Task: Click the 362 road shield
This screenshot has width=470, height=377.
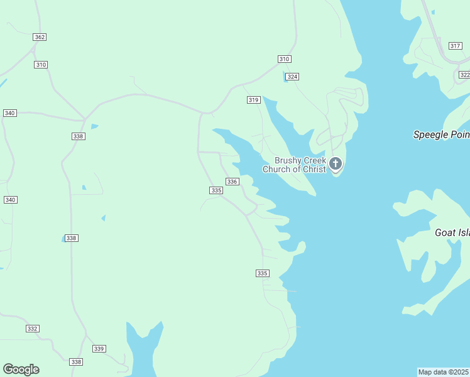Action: tap(40, 37)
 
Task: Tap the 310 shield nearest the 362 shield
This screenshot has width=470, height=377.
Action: tap(41, 65)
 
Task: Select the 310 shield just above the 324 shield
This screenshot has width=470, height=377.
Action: tap(284, 58)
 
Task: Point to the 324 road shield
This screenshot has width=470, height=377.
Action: tap(292, 77)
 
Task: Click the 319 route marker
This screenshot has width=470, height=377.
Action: tap(254, 100)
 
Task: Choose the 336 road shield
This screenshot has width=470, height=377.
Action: tap(232, 182)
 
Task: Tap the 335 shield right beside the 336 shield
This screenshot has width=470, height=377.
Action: tap(217, 190)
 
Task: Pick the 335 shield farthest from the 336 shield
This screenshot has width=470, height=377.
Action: tap(263, 273)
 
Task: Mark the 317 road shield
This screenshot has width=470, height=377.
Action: tap(456, 46)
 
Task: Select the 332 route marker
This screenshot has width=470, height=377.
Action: tap(33, 329)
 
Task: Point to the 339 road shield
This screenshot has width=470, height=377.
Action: tap(99, 349)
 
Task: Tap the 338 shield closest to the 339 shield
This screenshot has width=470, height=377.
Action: tap(76, 362)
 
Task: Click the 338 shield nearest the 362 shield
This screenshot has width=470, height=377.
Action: tap(79, 136)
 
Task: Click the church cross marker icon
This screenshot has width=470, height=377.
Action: tap(336, 165)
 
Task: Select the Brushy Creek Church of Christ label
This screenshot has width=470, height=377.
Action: tap(294, 165)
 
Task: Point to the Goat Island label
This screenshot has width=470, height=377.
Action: tap(452, 232)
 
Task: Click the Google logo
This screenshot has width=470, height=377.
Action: tap(21, 369)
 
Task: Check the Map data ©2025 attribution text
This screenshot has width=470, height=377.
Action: tap(444, 372)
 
